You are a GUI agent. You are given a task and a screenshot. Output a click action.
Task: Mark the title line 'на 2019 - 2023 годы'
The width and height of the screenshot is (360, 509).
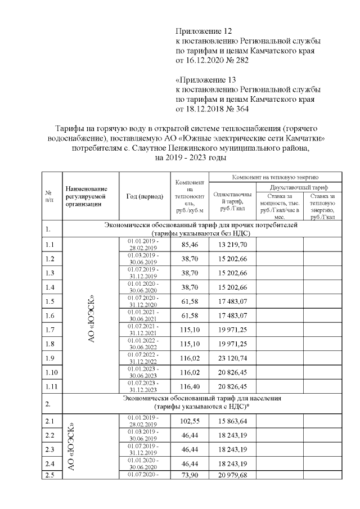(x=191, y=157)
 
